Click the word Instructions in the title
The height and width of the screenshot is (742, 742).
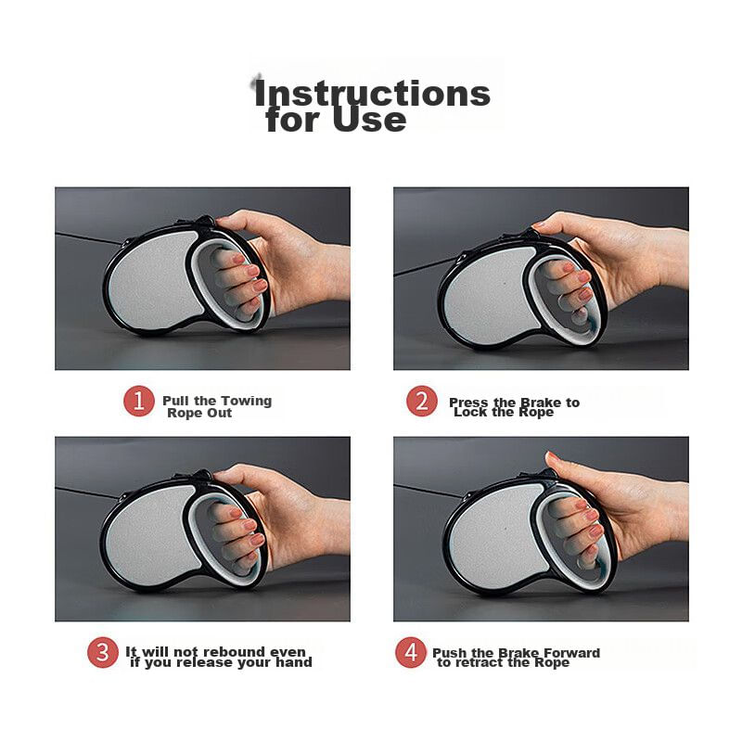click(372, 94)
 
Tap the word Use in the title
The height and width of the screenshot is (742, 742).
click(369, 120)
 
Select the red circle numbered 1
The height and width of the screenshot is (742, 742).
click(138, 402)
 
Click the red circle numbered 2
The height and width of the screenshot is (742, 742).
click(422, 402)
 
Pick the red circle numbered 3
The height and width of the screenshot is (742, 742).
click(103, 652)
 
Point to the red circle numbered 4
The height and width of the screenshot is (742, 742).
click(411, 652)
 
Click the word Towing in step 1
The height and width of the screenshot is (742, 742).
click(246, 402)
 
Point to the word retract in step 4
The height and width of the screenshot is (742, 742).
click(479, 662)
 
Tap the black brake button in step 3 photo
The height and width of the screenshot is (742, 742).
click(203, 474)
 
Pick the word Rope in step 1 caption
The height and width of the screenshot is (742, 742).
click(183, 413)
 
